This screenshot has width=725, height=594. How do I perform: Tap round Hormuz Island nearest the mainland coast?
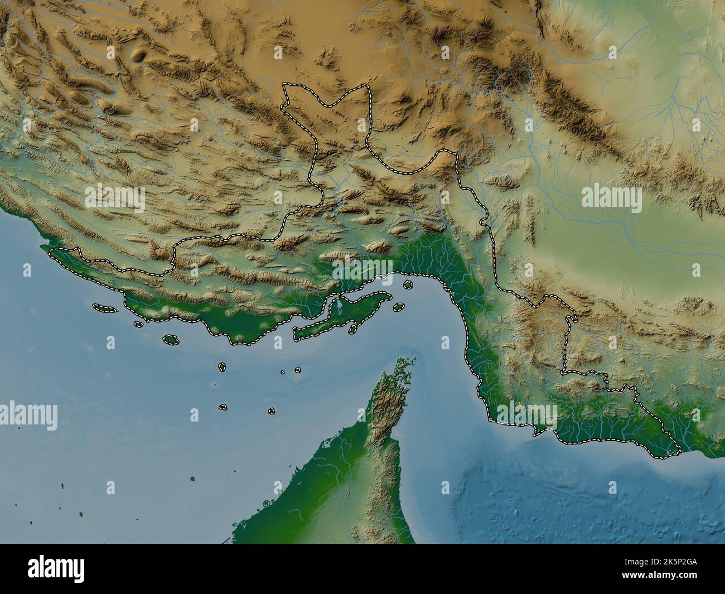(x=408, y=284)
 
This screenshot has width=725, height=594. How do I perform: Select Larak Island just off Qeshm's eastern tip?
(x=399, y=307)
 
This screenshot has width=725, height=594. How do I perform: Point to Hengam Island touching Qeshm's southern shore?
(x=352, y=330)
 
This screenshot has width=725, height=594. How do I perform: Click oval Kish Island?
(x=171, y=339)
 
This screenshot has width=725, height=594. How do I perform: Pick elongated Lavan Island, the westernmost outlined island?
(x=104, y=307)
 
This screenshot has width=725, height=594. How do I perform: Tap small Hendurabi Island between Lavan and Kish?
(x=138, y=323)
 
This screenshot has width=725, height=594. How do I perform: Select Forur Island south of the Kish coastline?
(x=222, y=366)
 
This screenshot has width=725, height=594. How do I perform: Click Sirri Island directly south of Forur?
(x=223, y=407)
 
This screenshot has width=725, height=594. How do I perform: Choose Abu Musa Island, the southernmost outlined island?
(x=271, y=411)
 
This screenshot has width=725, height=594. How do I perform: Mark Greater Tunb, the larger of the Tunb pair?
(x=298, y=369)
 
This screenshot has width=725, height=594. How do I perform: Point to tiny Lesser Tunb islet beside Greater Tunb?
(x=283, y=371)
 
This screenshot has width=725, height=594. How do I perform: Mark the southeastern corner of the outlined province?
(x=679, y=450)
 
